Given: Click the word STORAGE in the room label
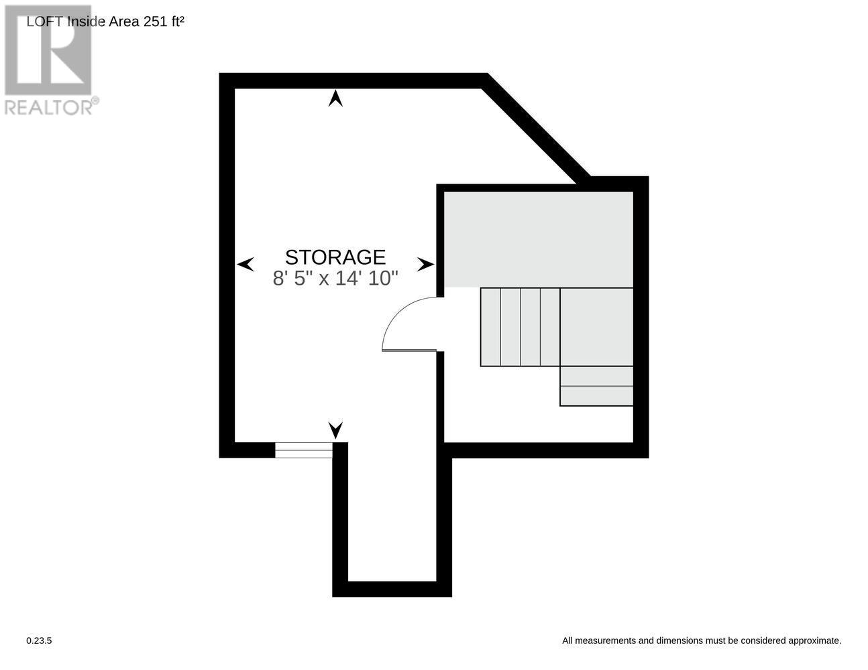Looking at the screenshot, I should tap(335, 257).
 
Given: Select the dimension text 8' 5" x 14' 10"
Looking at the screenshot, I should tap(335, 278).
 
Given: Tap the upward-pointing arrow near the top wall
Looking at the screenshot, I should tap(335, 99).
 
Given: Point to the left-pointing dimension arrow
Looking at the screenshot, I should tap(246, 264).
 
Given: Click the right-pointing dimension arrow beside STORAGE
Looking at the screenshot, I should tap(425, 265).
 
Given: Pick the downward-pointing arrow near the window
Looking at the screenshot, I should tap(335, 429).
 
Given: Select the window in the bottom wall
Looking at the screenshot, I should tap(303, 450).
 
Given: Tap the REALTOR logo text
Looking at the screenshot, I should tap(50, 107).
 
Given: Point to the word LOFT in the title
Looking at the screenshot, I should tap(45, 21).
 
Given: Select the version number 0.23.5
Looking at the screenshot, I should tap(39, 641).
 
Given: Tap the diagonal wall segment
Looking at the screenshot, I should tap(537, 127).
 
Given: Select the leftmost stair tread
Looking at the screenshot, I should tap(490, 327).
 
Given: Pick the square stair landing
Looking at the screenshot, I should tap(596, 327).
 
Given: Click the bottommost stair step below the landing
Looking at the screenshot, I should tap(596, 396).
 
